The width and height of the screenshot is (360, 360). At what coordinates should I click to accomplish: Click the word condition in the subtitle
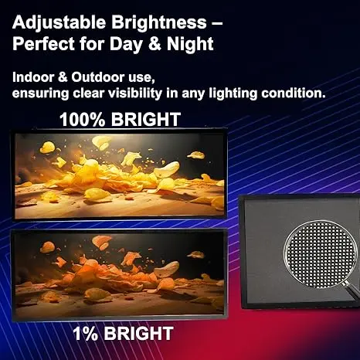[x=309, y=93]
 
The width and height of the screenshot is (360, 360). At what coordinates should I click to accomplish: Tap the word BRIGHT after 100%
[x=144, y=120]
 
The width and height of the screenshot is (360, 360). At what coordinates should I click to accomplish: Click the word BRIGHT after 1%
[x=137, y=335]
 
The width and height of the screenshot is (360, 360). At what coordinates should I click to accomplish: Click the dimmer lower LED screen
[x=120, y=274]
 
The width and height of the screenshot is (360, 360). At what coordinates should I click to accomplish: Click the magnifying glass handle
[x=352, y=294]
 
